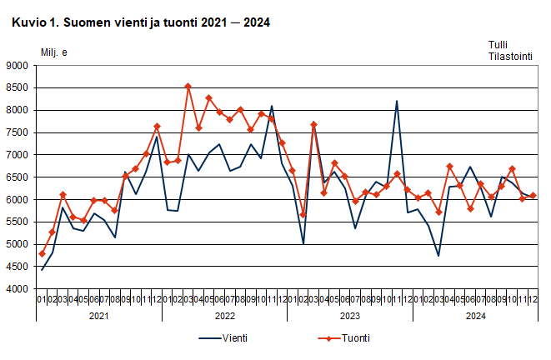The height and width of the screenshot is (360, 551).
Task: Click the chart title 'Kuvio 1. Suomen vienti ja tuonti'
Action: pos(140,23)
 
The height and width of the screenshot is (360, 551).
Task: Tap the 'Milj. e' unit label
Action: pos(55,52)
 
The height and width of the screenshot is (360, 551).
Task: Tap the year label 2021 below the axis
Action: pos(98,317)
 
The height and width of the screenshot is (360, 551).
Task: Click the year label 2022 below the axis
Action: pos(224,317)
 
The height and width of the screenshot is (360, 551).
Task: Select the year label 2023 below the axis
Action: pos(349,317)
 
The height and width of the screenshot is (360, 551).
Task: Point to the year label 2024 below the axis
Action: pos(475,317)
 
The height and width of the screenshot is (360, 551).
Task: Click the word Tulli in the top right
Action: pos(498,45)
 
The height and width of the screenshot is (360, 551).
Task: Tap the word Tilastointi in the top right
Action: pos(510,57)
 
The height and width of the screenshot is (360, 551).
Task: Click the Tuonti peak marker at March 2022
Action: pos(188,86)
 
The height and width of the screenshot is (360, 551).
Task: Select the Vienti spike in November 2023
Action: pos(397,102)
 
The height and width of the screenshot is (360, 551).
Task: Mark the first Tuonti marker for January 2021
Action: pos(42,253)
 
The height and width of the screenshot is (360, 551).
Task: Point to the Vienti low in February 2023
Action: pos(303,244)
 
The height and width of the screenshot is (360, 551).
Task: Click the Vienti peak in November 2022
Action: pos(272,106)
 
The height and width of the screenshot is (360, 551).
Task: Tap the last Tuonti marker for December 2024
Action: pos(533,196)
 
